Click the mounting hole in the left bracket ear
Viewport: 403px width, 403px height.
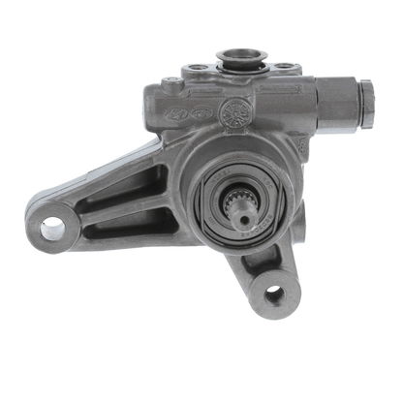click(x=52, y=227)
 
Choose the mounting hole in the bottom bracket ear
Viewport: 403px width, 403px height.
click(x=274, y=292)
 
